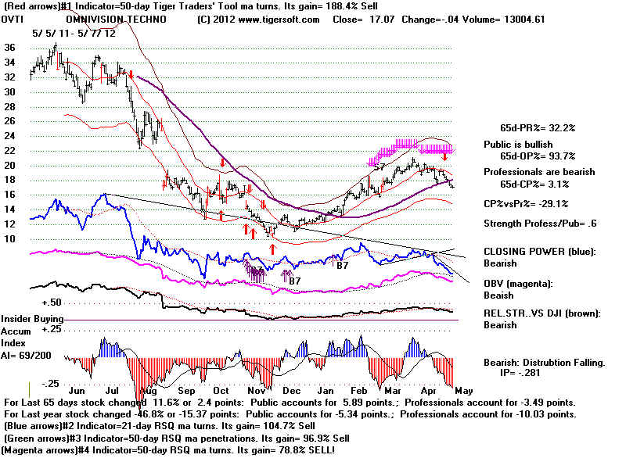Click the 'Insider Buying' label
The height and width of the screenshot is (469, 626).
[x=32, y=320]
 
